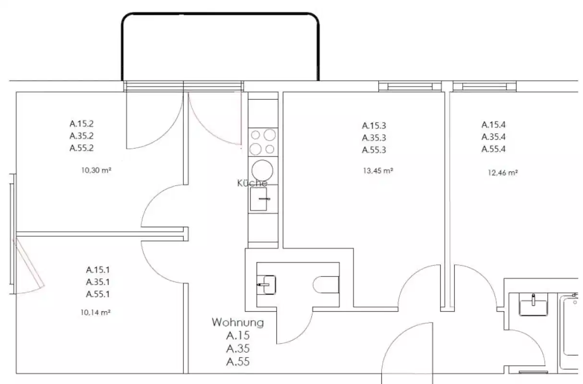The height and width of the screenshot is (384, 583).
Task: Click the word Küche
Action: click(x=252, y=183)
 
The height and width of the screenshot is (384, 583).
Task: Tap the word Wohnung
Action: click(x=238, y=323)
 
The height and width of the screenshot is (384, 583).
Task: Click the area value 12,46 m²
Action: click(x=502, y=172)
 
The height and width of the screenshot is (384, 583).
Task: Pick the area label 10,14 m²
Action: click(x=96, y=312)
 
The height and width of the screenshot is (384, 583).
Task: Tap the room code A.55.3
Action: click(x=374, y=149)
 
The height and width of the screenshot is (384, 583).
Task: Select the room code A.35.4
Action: click(x=494, y=136)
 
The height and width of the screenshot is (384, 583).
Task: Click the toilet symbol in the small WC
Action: click(x=326, y=284)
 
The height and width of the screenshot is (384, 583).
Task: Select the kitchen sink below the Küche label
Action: click(x=258, y=199)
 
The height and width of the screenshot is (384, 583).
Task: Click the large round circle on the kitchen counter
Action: click(x=263, y=169)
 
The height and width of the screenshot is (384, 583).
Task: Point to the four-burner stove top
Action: click(x=263, y=142)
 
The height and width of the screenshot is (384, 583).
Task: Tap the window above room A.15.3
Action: click(x=410, y=86)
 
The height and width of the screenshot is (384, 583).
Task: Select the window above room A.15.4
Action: click(x=485, y=86)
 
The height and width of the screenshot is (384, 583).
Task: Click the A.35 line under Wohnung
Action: click(x=238, y=348)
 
